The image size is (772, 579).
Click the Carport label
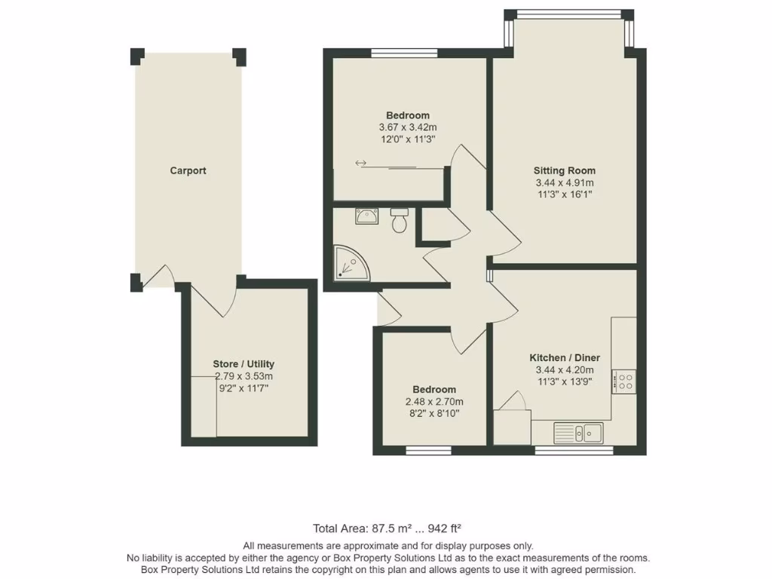coord(188,171)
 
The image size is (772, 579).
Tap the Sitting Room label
coord(565,170)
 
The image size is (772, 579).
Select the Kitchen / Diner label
coord(565,357)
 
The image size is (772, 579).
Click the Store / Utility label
coord(244,363)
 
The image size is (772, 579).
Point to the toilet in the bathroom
coord(400,222)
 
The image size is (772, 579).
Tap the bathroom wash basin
coord(367,216)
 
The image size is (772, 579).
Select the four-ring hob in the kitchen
coord(624,380)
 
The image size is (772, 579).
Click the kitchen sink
coord(578,432)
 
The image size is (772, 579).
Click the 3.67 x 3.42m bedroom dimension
coord(408,128)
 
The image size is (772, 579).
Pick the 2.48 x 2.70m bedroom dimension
coord(434,402)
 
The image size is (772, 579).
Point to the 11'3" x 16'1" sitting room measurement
coord(565,195)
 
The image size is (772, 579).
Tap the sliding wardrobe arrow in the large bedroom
coord(361,163)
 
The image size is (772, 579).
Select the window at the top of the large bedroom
coord(404,53)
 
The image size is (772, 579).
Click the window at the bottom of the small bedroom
coord(428,451)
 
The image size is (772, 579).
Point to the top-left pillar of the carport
coord(136,56)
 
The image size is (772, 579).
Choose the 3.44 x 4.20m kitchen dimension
coord(565,369)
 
